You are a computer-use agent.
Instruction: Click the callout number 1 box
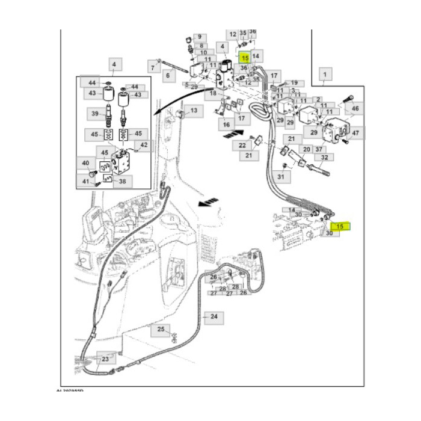pos(325,75)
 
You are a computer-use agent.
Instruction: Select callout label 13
pos(194,111)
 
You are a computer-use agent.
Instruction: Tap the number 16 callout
pos(226,125)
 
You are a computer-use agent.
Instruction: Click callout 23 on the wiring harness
pos(105,359)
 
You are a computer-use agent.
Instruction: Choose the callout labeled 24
pos(213,316)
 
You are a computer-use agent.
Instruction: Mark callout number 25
pos(161,329)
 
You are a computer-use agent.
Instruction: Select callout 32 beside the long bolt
pos(325,158)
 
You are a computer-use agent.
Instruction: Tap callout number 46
pos(355,109)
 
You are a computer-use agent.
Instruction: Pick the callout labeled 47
pos(355,133)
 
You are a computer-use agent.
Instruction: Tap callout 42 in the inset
pos(143,145)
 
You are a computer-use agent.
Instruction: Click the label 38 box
pos(123,180)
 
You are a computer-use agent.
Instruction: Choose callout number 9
pos(199,38)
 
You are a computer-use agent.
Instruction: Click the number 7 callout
pos(153,67)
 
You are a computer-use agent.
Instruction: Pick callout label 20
pos(306,149)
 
